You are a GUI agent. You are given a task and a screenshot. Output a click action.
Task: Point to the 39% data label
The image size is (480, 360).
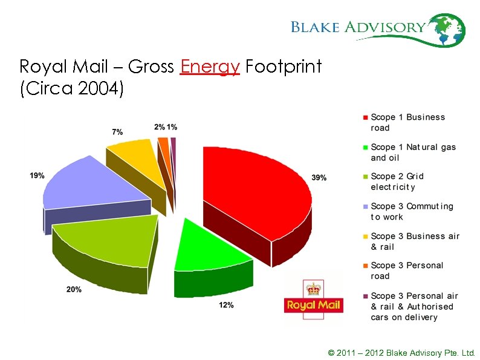pos(319,177)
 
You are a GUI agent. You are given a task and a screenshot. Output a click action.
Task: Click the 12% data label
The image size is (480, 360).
pos(226,305)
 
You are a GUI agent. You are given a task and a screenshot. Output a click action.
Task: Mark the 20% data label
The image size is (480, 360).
pos(74,289)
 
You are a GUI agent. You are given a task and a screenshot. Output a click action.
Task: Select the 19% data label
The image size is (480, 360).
pos(37,175)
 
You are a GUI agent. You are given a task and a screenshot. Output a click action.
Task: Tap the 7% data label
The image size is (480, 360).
pos(117,131)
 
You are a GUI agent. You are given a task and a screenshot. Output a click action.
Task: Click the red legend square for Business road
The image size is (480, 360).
pos(365,117)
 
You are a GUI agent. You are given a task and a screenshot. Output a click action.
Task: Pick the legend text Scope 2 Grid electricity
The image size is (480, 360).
pos(398,182)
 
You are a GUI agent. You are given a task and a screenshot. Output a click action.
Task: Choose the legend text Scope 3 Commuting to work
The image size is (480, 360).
pos(411,211)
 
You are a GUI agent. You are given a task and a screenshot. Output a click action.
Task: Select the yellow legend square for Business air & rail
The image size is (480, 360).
pos(365,236)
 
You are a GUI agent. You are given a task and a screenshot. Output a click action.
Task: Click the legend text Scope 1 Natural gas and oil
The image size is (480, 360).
pos(413,152)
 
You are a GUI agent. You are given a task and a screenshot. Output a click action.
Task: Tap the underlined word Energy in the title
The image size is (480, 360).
pos(210,67)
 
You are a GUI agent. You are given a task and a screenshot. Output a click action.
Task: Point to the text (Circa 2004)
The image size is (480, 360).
pos(71,90)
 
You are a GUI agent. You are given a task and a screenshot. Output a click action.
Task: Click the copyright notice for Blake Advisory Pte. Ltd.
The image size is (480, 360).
pos(401,352)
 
